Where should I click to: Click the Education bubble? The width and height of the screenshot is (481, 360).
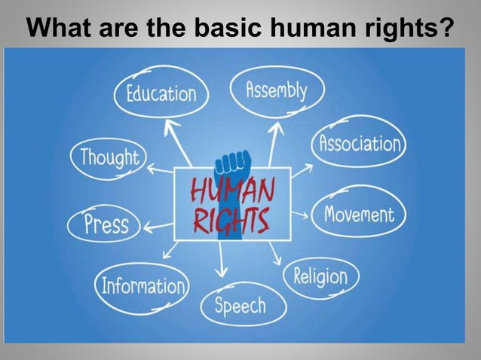point(161,94)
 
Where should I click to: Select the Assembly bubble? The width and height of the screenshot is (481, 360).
point(277,91)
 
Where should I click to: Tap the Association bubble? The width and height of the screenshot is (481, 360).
point(358,143)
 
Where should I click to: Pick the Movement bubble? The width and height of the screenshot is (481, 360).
point(359,215)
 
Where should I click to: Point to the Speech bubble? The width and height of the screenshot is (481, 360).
point(239,305)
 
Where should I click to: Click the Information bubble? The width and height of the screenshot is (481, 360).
point(142,285)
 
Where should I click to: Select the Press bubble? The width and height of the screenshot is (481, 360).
point(106,224)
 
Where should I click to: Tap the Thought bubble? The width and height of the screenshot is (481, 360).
point(109,157)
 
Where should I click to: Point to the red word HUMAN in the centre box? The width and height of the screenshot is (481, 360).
point(231,188)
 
